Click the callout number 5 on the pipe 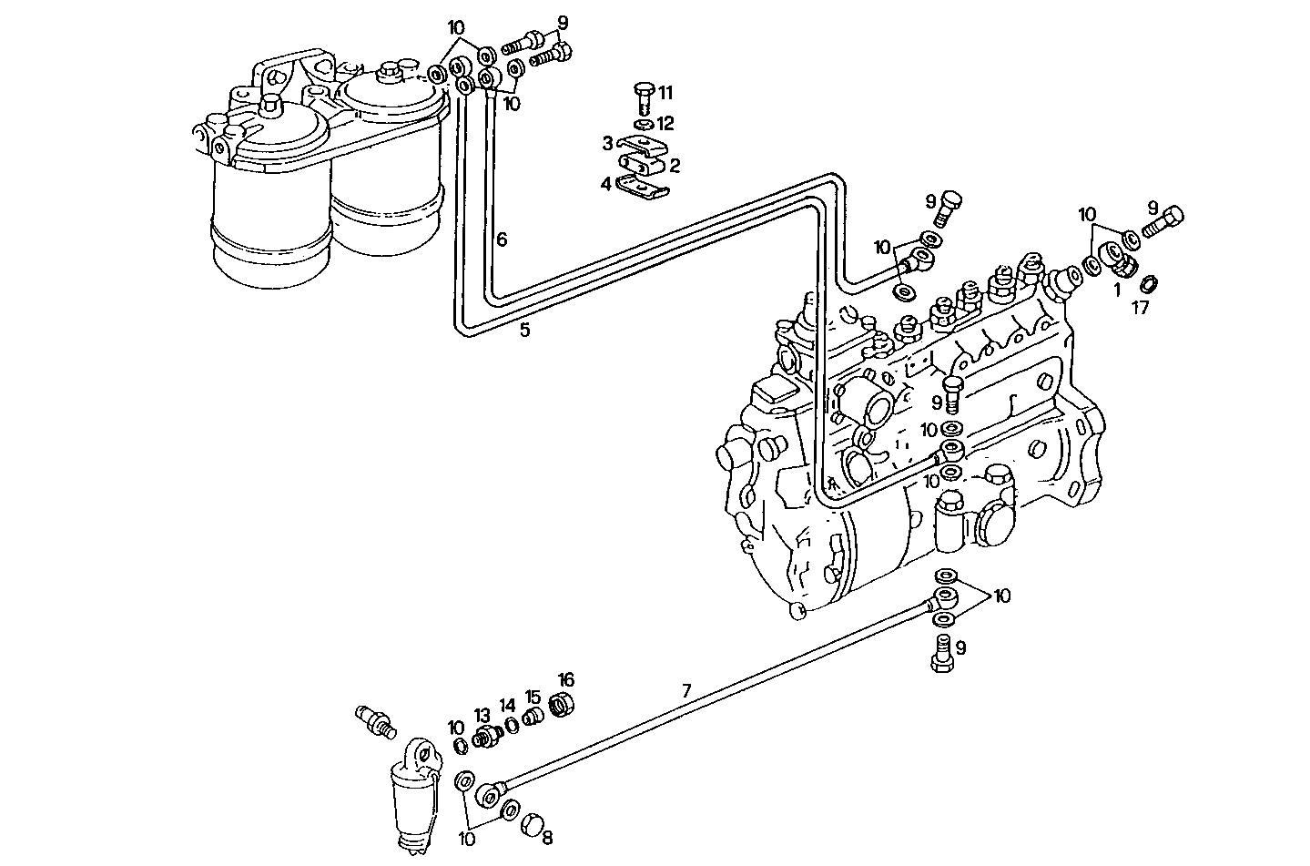tap(524, 331)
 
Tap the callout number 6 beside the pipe tap(501, 240)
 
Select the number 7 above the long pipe tap(686, 691)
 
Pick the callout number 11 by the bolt tap(665, 92)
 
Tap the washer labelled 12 tap(643, 124)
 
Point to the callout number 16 tap(566, 679)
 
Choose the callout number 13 tap(482, 715)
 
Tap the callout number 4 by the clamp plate tap(605, 184)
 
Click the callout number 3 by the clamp tap(606, 143)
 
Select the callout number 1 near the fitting tap(1116, 290)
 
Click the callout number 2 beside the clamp tap(675, 165)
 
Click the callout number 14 tap(507, 705)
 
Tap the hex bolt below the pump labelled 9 tap(943, 656)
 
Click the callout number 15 tap(533, 697)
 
